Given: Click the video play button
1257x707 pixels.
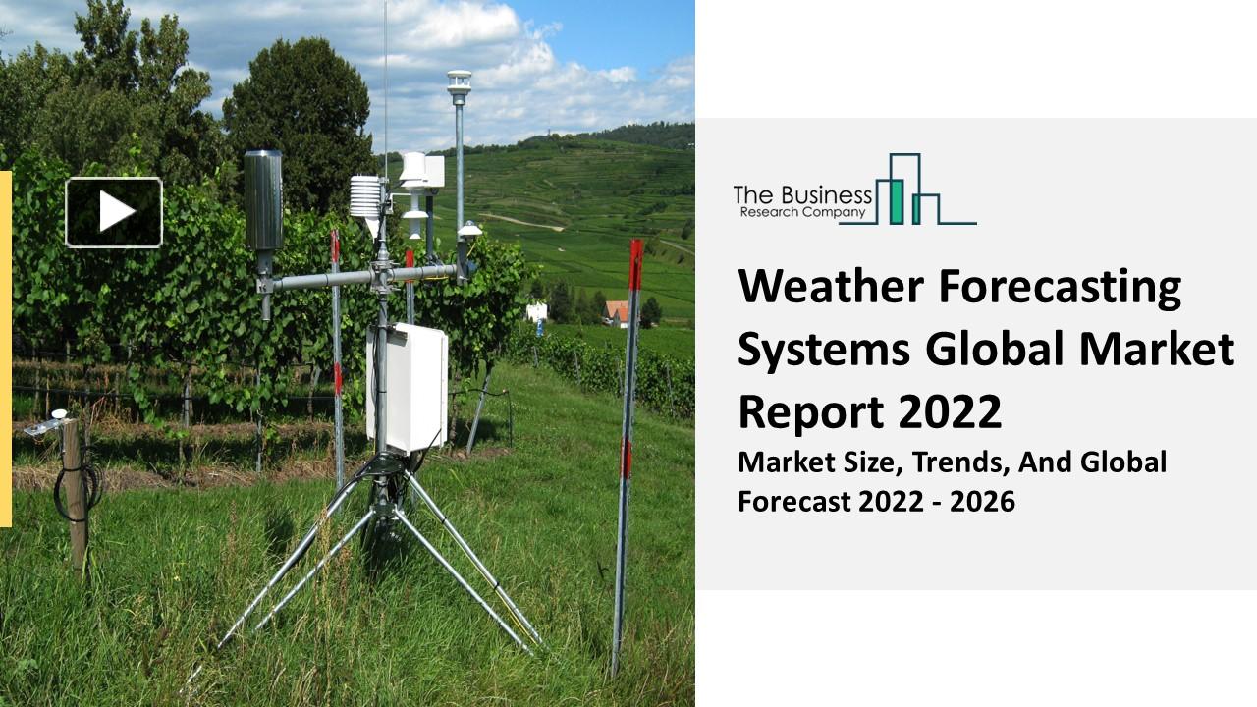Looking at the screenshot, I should (114, 212).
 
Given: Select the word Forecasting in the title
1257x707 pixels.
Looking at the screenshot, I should (1060, 287).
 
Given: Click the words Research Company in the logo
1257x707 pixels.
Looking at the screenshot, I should (803, 213).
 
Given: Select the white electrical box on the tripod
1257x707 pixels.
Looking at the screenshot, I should (408, 387).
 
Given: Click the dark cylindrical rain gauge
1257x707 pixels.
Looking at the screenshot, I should (262, 200).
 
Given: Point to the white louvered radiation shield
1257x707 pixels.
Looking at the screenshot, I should (365, 197).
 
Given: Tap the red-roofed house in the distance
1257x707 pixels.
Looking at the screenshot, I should (617, 312).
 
